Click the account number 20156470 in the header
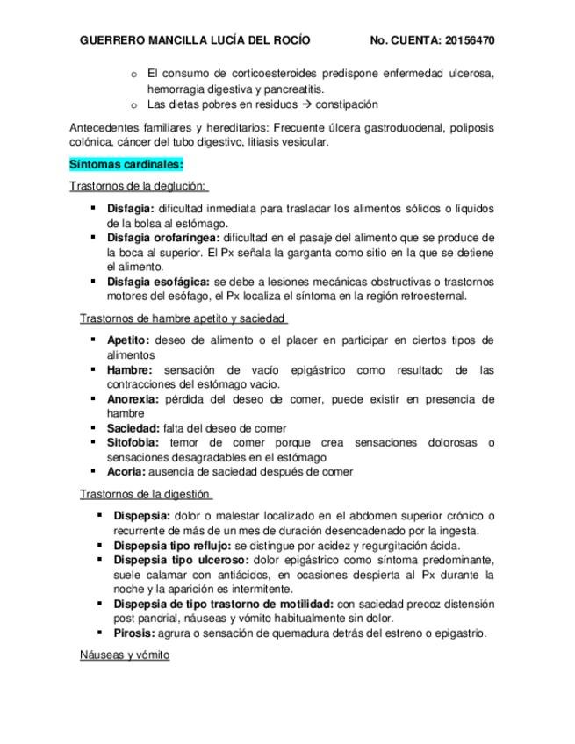(470, 40)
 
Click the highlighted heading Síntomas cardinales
(126, 164)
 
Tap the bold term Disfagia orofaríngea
(164, 238)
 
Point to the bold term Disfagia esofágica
(158, 282)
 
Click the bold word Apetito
(128, 340)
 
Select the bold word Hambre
(129, 369)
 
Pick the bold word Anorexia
(133, 398)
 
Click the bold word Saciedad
(133, 427)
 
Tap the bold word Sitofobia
(133, 442)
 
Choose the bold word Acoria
(126, 471)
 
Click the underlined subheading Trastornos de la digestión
(146, 494)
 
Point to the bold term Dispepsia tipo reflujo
(172, 545)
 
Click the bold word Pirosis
(134, 633)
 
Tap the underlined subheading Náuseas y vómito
(124, 655)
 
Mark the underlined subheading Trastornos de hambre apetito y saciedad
(183, 318)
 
